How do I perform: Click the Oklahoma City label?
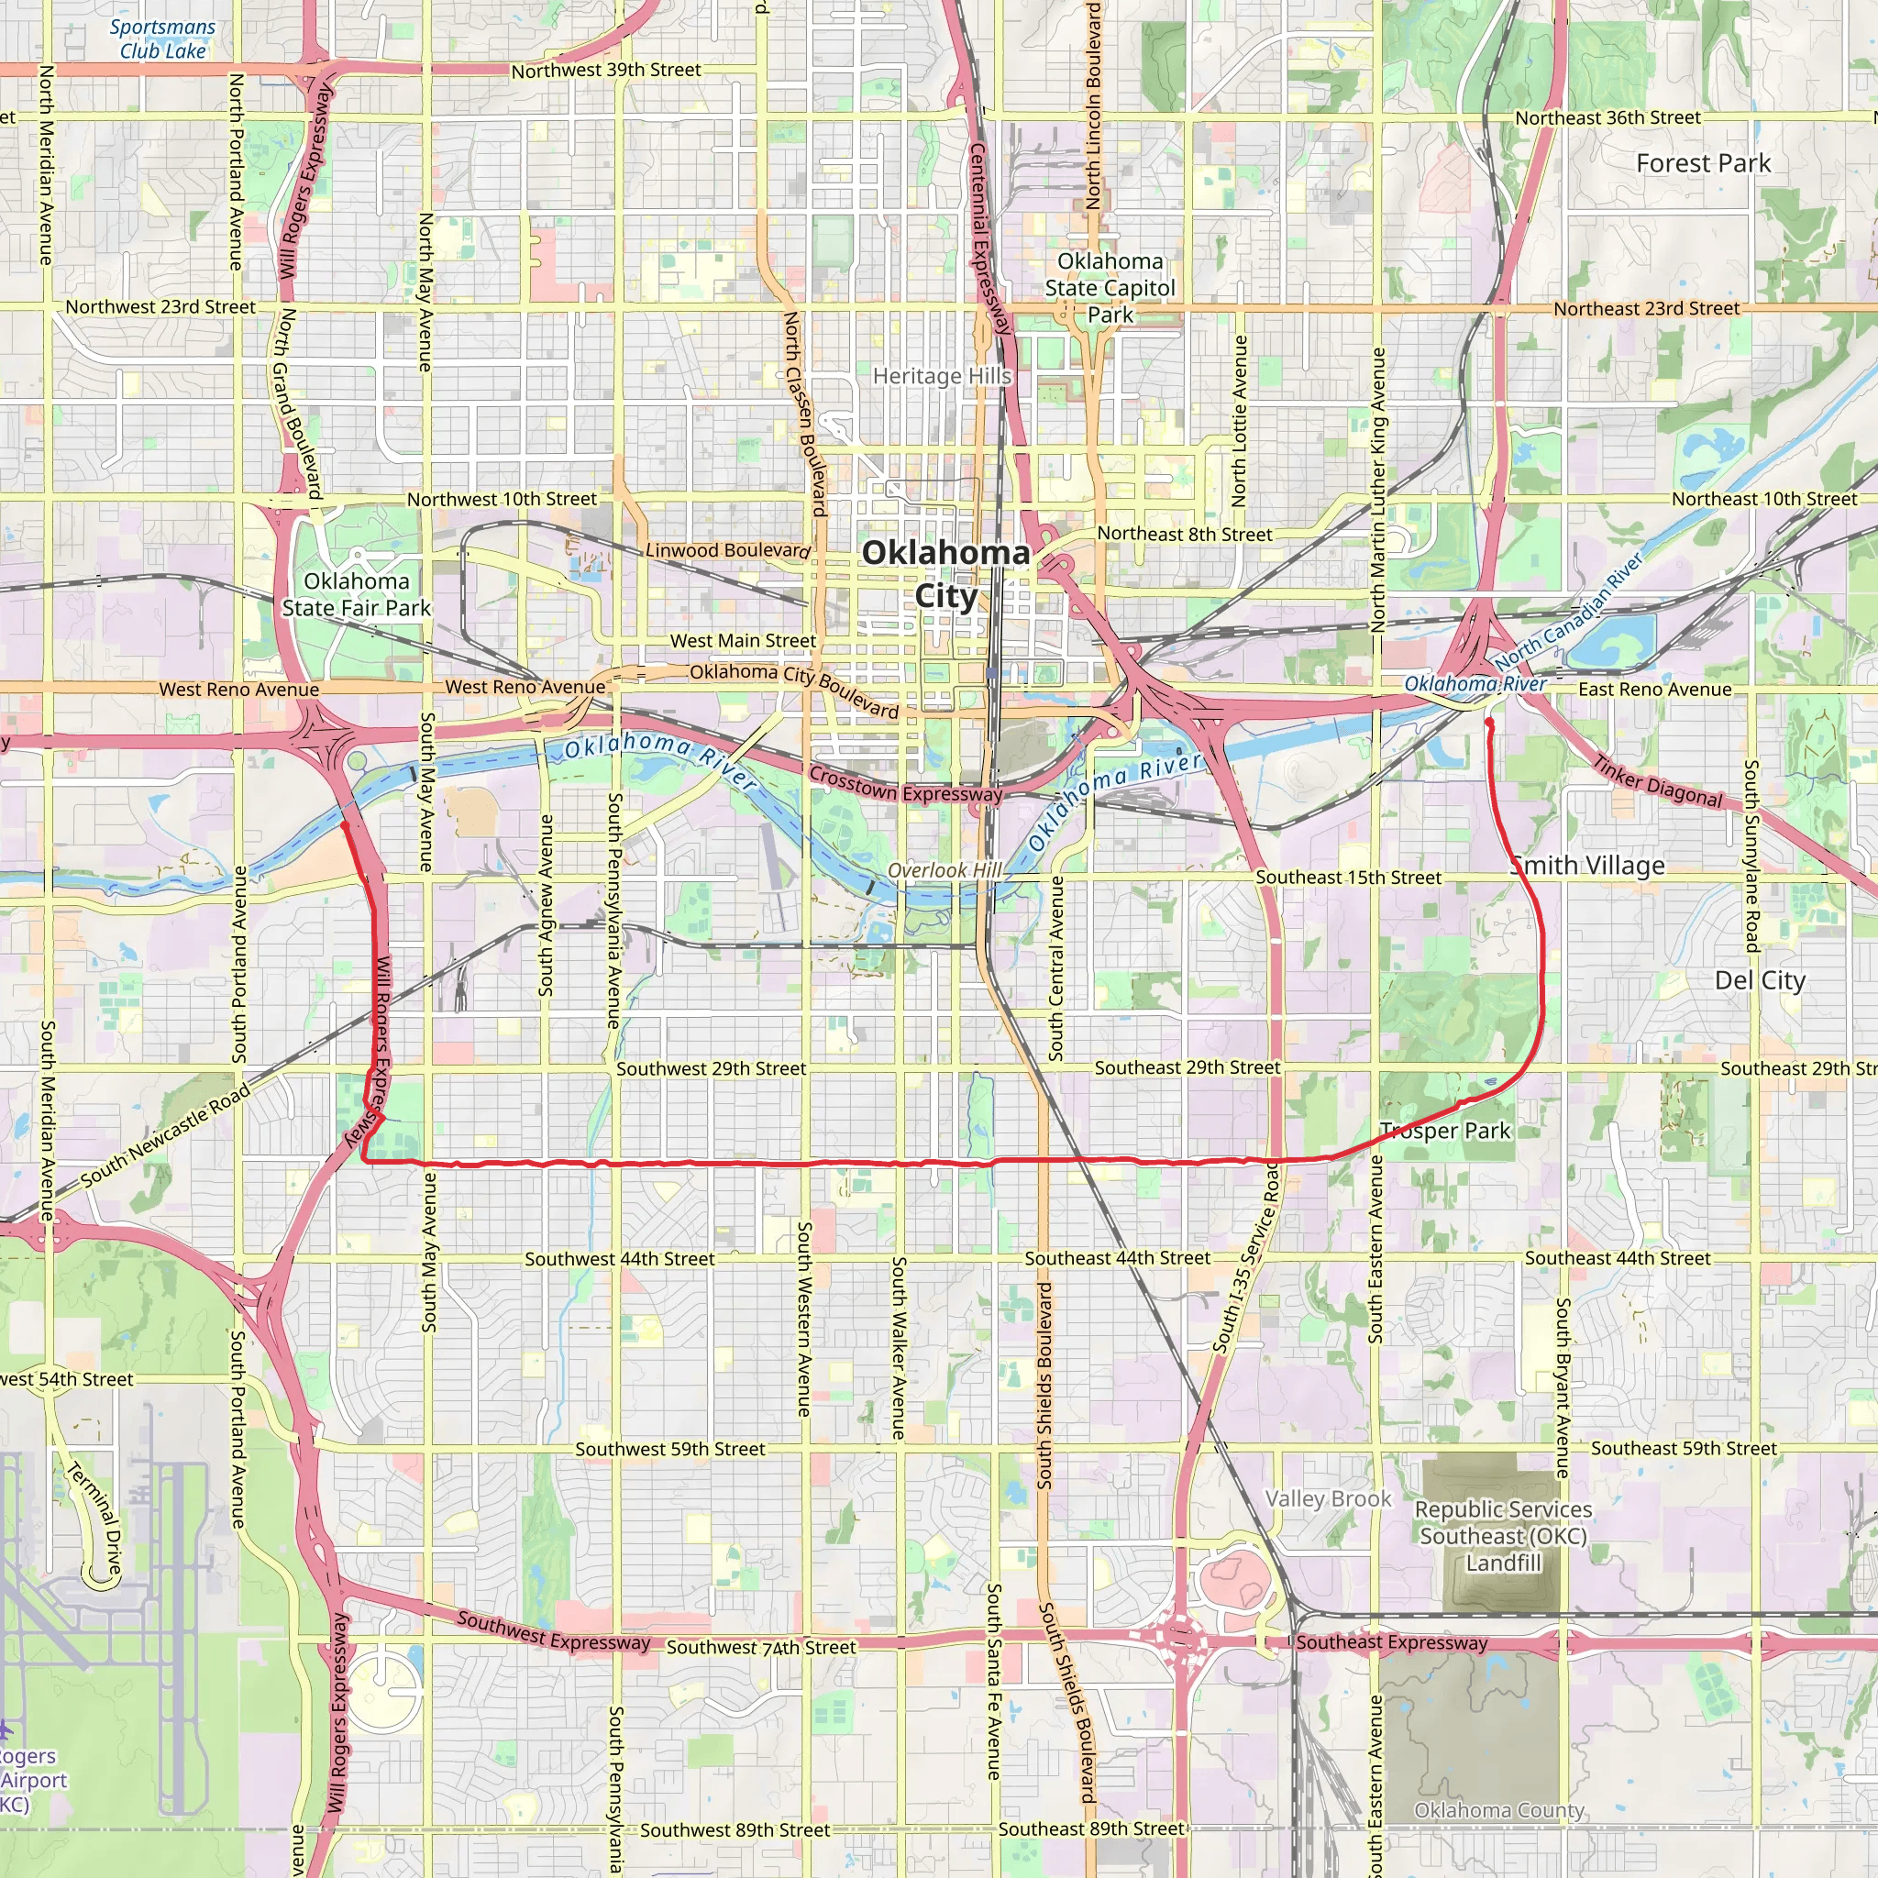945,573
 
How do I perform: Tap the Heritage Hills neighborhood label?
941,376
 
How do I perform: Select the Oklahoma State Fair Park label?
356,594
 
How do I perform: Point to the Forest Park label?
1703,163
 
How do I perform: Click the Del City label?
1760,980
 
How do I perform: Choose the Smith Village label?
1588,865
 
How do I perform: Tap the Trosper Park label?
1445,1131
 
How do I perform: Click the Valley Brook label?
1328,1498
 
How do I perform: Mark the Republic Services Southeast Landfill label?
1503,1536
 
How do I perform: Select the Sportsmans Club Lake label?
162,39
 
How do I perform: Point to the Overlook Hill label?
944,870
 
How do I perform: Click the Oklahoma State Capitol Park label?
1110,288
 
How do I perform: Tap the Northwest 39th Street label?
605,70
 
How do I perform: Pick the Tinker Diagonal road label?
1657,780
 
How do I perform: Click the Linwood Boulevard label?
727,550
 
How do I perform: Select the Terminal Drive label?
95,1519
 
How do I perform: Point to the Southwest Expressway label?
553,1631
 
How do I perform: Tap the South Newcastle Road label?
165,1135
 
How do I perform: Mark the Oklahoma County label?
1499,1810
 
